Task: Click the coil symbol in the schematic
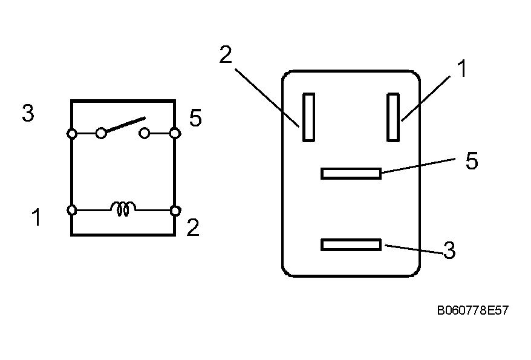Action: pyautogui.click(x=123, y=209)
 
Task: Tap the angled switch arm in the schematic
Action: pyautogui.click(x=125, y=124)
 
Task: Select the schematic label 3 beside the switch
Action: pyautogui.click(x=28, y=113)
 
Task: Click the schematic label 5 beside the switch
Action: pyautogui.click(x=195, y=118)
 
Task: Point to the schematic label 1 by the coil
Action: pyautogui.click(x=36, y=217)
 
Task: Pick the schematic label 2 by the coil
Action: pyautogui.click(x=193, y=227)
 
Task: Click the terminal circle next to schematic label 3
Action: pyautogui.click(x=72, y=134)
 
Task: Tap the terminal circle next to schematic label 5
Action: pyautogui.click(x=175, y=133)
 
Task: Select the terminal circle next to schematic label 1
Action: pyautogui.click(x=72, y=210)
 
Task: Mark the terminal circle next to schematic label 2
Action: pyautogui.click(x=175, y=211)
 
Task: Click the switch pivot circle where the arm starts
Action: pyautogui.click(x=101, y=133)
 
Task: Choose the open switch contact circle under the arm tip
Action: pyautogui.click(x=145, y=133)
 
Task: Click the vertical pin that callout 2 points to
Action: pyautogui.click(x=308, y=117)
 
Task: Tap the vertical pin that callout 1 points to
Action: pyautogui.click(x=393, y=117)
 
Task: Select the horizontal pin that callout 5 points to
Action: pyautogui.click(x=351, y=174)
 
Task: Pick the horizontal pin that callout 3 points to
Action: pyautogui.click(x=351, y=245)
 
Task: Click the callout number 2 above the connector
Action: pyautogui.click(x=226, y=54)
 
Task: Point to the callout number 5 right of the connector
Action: pyautogui.click(x=472, y=160)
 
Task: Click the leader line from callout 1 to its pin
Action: pyautogui.click(x=426, y=98)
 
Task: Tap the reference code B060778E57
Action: pyautogui.click(x=473, y=310)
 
